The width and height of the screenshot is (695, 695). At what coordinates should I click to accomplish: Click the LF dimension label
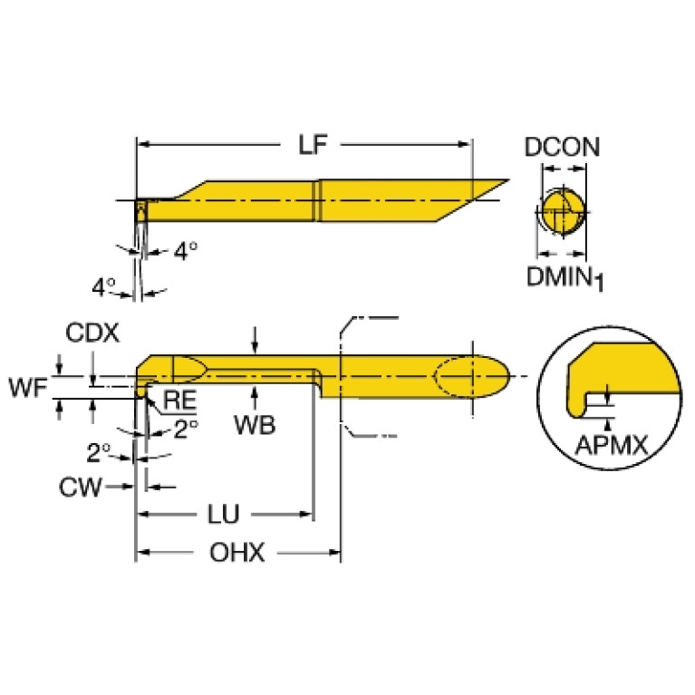310,144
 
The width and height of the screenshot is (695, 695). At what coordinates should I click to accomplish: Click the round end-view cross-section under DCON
561,213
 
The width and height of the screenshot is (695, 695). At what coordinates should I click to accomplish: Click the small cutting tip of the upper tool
141,211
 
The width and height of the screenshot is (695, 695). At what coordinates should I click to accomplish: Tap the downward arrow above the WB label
257,347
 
